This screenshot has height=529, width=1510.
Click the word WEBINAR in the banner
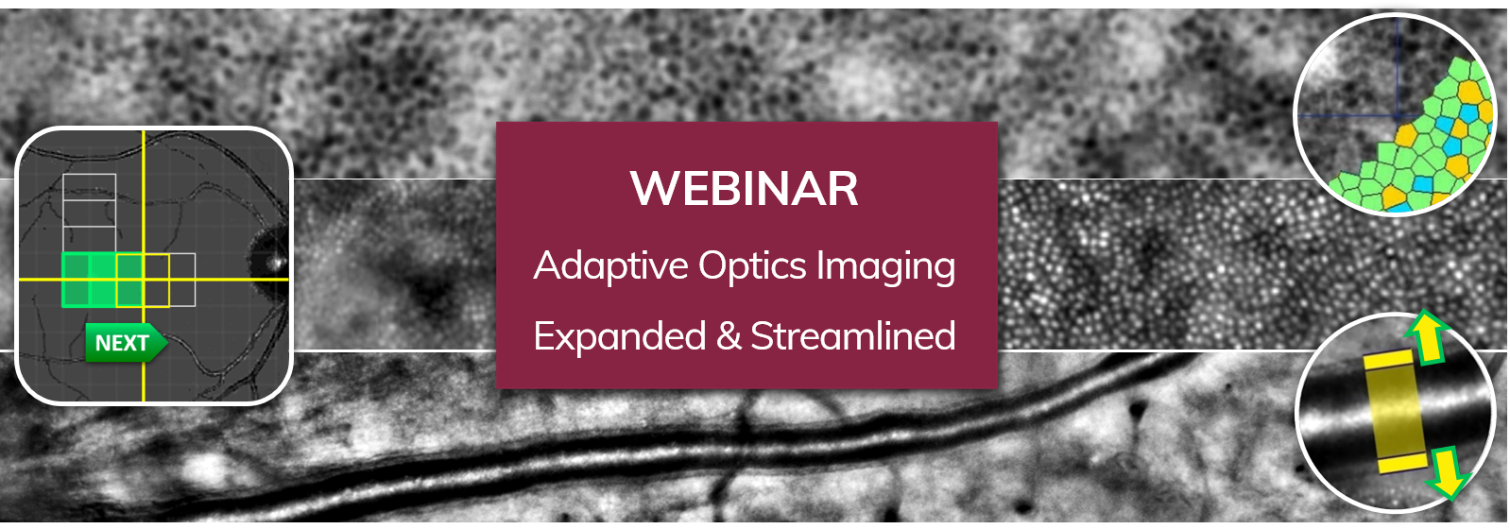click(x=745, y=188)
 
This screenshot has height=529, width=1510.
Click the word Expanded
click(x=619, y=336)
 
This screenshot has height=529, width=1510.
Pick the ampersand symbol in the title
click(x=729, y=336)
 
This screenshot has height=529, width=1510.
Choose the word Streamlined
click(x=852, y=336)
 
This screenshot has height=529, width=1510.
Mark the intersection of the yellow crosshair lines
click(x=144, y=280)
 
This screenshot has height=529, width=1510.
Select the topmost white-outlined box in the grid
click(x=90, y=185)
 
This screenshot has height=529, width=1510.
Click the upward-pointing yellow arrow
click(x=1427, y=337)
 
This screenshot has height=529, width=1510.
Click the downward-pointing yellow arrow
click(x=1446, y=471)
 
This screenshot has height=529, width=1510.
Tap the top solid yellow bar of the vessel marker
click(x=1387, y=360)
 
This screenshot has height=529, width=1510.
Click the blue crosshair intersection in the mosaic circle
click(x=1396, y=115)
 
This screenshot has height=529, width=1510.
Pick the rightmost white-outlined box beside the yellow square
click(x=182, y=280)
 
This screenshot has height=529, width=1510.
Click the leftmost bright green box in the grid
click(x=76, y=280)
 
